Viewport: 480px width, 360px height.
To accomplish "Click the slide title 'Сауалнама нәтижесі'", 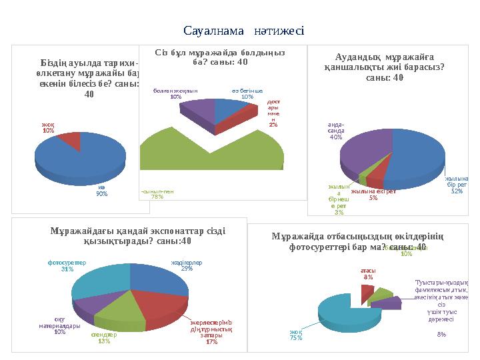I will pyautogui.click(x=243, y=31).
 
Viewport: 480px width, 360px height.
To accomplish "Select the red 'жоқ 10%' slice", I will pyautogui.click(x=69, y=140).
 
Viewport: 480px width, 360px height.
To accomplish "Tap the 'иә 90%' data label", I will pyautogui.click(x=101, y=191).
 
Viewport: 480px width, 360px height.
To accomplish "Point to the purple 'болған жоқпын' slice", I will pyautogui.click(x=195, y=110).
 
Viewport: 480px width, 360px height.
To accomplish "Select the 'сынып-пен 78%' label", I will pyautogui.click(x=157, y=194).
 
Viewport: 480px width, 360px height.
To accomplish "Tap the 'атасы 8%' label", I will pyautogui.click(x=368, y=274).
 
